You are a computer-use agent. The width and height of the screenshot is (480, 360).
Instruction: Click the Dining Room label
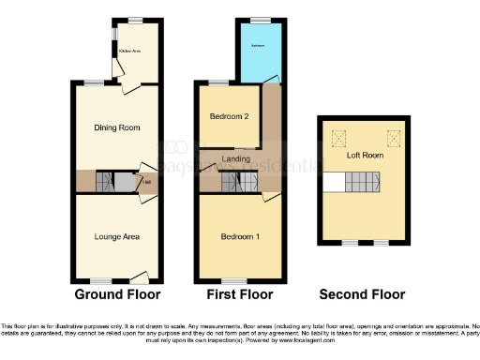tap(117, 127)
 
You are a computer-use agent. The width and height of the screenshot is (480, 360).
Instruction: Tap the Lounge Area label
tap(117, 236)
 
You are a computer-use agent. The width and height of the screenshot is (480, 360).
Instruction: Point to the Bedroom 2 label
tap(230, 117)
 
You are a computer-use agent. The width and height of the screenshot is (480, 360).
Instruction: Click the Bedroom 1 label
tap(239, 235)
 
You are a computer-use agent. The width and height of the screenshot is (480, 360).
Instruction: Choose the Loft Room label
tap(363, 157)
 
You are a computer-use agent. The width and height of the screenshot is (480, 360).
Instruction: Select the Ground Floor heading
tap(116, 294)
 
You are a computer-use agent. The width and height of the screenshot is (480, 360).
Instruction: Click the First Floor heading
tap(239, 294)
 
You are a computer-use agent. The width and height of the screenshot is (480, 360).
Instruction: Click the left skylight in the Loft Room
tap(332, 134)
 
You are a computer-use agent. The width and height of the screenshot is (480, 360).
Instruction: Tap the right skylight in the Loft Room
tap(394, 134)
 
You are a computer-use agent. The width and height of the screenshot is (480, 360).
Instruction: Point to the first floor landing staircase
tap(232, 182)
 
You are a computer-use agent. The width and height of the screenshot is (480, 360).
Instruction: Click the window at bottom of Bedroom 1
tap(234, 280)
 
